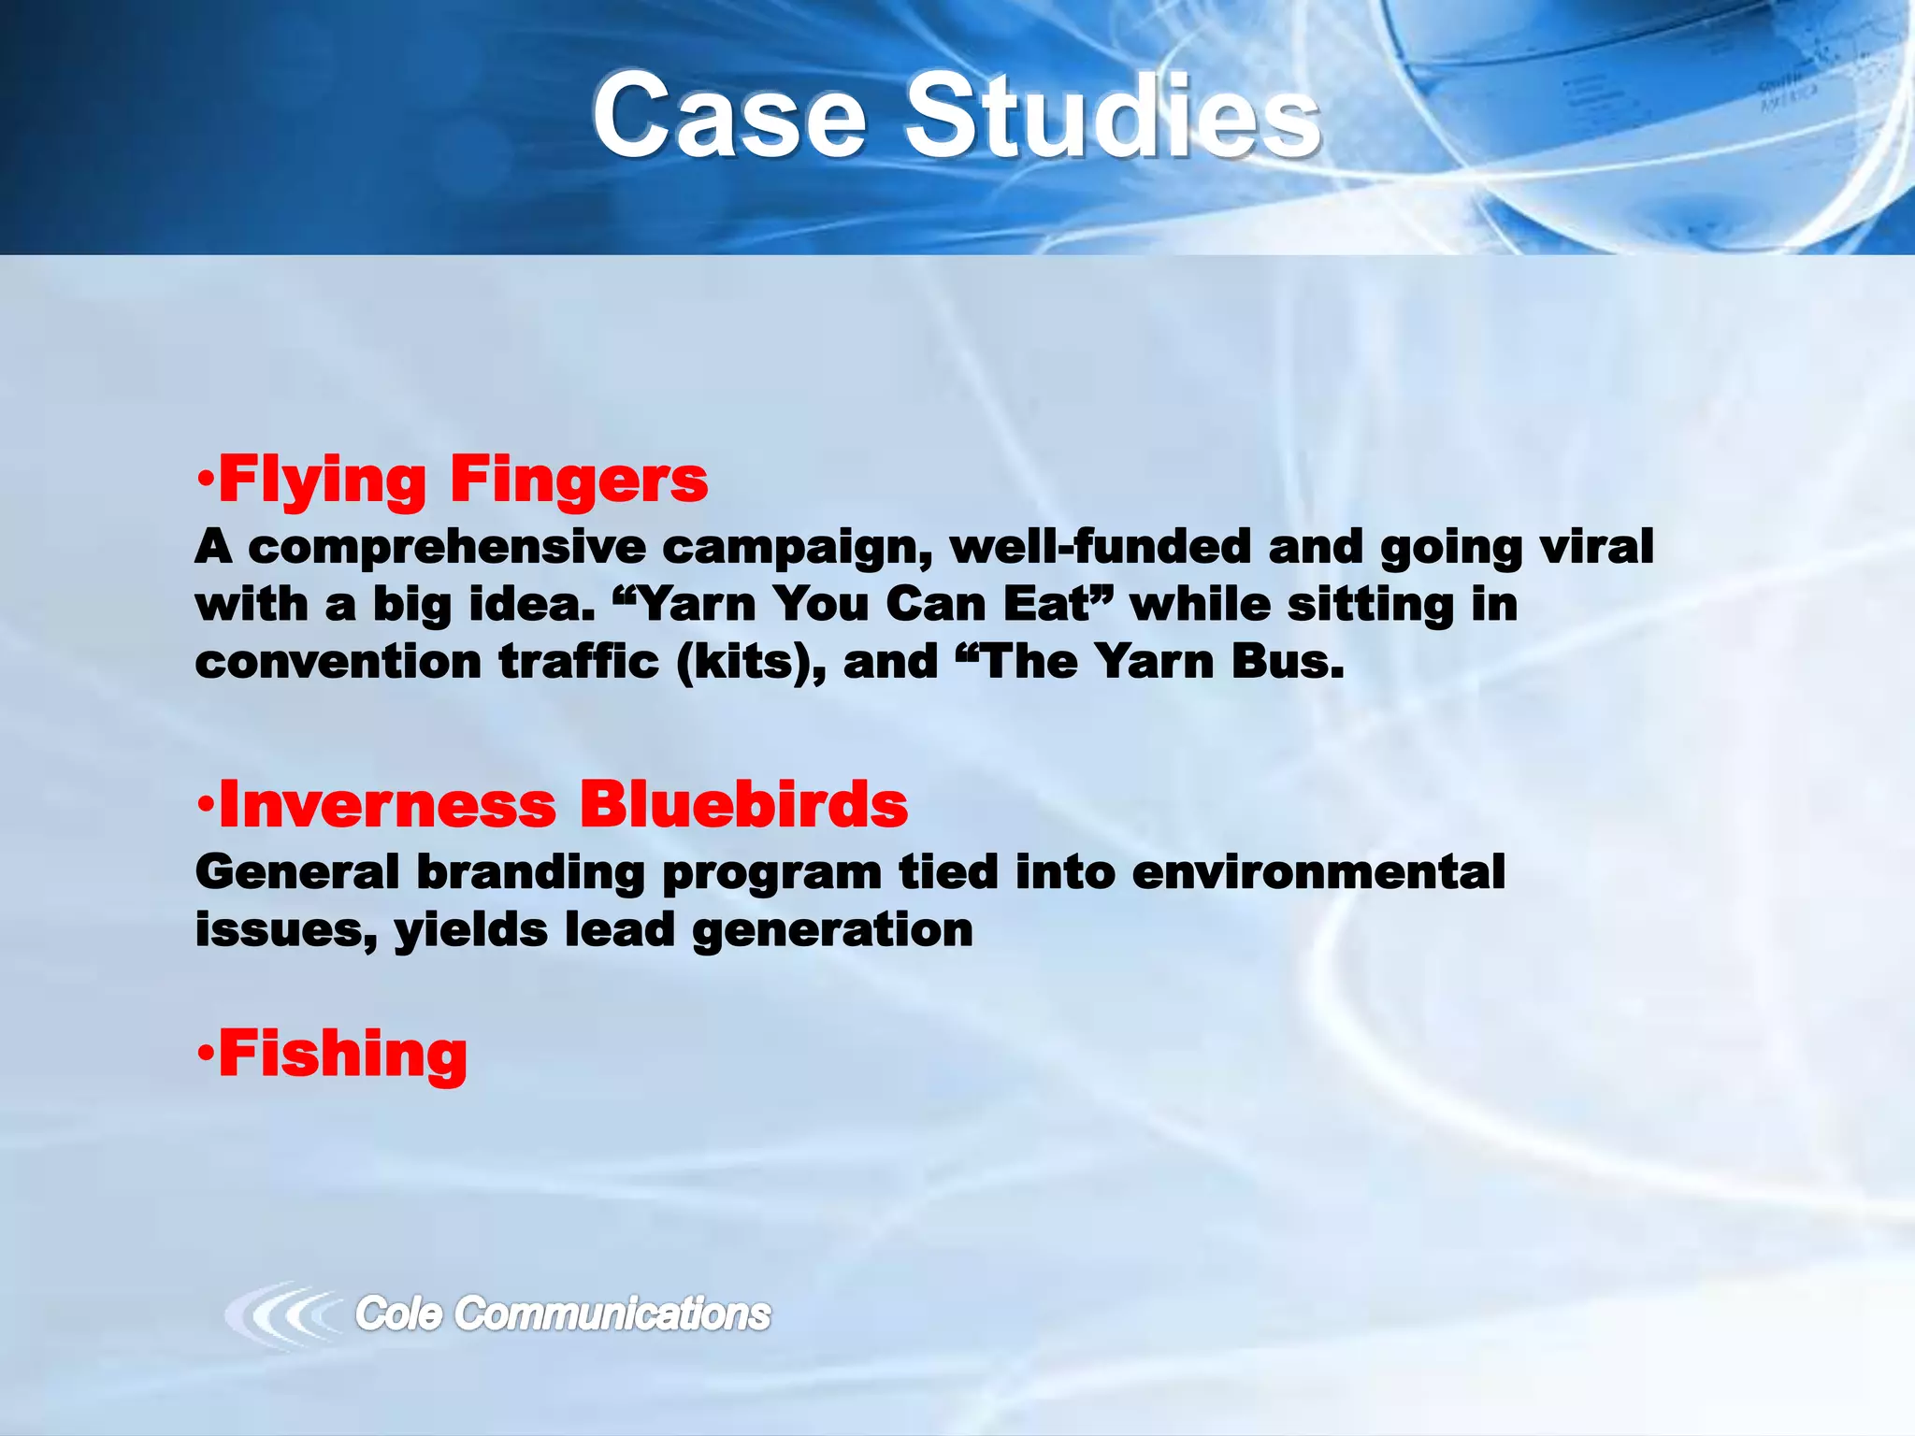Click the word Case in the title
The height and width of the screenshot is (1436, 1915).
pos(729,117)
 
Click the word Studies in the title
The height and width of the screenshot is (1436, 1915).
pos(1113,117)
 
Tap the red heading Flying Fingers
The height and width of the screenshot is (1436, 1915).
pos(462,481)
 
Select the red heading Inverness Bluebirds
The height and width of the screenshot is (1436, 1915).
pos(562,805)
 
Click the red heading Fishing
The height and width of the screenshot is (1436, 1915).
pos(342,1055)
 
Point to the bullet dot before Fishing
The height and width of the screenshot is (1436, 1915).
pos(206,1054)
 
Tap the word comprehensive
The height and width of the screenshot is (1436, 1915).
pos(447,548)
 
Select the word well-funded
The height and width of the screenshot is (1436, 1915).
pos(1100,548)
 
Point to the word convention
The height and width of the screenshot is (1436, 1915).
pos(338,663)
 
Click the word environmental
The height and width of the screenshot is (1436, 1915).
pos(1317,873)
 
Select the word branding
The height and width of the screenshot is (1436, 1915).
pos(530,873)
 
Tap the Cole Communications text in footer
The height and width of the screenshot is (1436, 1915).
pos(562,1314)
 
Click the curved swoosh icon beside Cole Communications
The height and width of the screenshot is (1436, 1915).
pos(281,1314)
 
